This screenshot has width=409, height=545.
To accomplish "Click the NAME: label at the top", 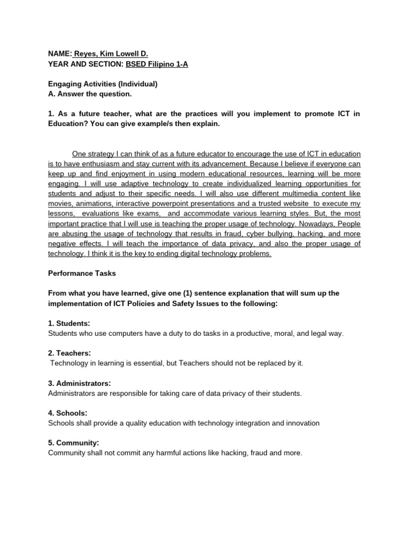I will point(60,54).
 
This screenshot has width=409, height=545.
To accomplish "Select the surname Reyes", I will point(86,54).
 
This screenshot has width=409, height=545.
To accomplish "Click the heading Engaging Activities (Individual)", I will point(103,84).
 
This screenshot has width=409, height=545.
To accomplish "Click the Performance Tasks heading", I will point(82,273).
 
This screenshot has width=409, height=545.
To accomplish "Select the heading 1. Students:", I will point(69,323).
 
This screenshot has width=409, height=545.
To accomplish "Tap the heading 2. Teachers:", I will point(70,353).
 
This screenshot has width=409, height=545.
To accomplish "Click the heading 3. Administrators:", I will point(79,383).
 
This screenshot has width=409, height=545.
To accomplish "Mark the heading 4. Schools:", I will point(68,413).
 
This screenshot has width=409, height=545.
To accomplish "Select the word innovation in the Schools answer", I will point(300,423).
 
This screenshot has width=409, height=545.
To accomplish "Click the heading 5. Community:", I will point(73,443).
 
